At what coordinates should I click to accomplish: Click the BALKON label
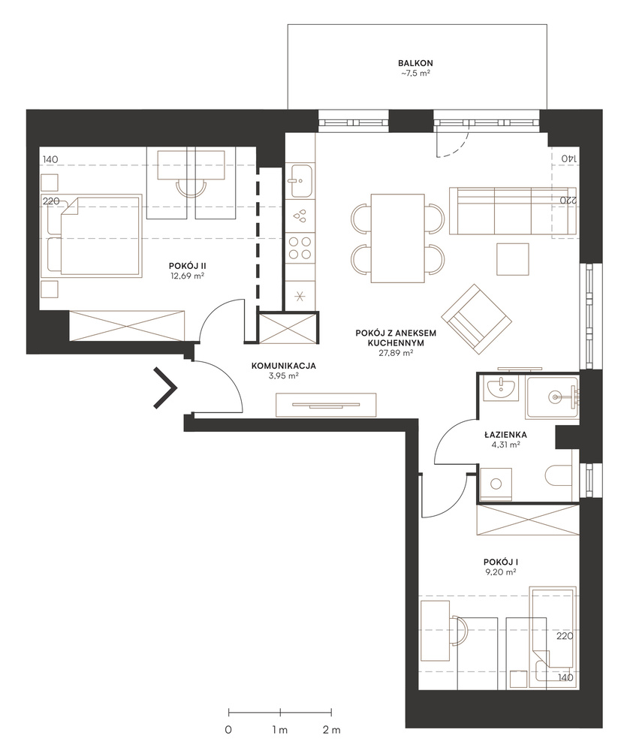point(415,63)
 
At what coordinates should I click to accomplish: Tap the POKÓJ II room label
point(187,266)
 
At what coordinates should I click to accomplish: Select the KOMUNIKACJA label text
point(284,366)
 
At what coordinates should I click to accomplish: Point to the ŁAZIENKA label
point(505,435)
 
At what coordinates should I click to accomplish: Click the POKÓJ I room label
point(501,562)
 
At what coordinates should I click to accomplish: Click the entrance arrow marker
point(165,388)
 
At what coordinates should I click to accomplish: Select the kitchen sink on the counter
point(300,180)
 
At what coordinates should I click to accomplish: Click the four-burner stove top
point(300,248)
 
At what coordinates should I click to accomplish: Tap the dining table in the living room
point(397,238)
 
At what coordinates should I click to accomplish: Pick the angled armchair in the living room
point(477,319)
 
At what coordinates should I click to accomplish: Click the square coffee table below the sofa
point(513,258)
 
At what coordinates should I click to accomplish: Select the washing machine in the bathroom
point(496,484)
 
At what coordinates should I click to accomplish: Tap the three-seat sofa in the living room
point(512,211)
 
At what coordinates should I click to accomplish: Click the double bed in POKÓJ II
point(95,235)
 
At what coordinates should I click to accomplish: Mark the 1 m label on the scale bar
point(280,730)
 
